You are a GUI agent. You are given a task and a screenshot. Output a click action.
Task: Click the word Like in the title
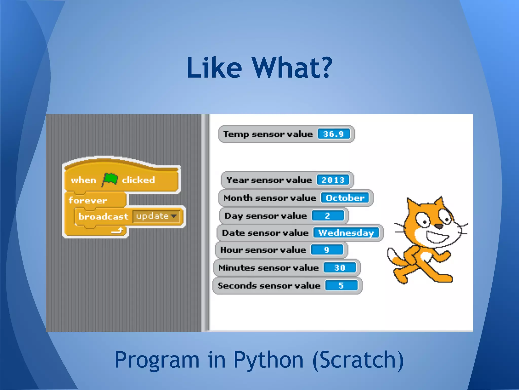tap(214, 68)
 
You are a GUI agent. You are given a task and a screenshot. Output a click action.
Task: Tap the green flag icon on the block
tap(110, 179)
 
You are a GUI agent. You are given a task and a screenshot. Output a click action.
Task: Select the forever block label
tap(88, 200)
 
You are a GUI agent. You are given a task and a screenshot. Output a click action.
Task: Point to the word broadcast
tap(103, 217)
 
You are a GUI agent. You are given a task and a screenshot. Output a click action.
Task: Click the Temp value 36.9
tap(333, 134)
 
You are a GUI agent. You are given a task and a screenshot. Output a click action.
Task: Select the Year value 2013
tap(333, 180)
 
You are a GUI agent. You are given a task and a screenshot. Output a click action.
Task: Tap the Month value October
tap(345, 198)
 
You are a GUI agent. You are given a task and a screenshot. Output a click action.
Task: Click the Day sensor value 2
tap(328, 216)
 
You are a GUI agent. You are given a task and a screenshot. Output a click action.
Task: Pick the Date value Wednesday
tap(346, 233)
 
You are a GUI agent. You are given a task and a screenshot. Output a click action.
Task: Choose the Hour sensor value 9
tap(327, 250)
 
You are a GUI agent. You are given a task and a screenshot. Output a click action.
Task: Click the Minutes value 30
tap(340, 268)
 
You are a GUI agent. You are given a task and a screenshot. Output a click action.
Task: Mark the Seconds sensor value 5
tap(341, 286)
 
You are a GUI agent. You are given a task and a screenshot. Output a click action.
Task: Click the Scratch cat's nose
tap(438, 226)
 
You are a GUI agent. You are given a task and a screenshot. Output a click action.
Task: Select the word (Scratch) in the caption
tap(358, 360)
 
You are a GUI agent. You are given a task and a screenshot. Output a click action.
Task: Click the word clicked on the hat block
tap(138, 180)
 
